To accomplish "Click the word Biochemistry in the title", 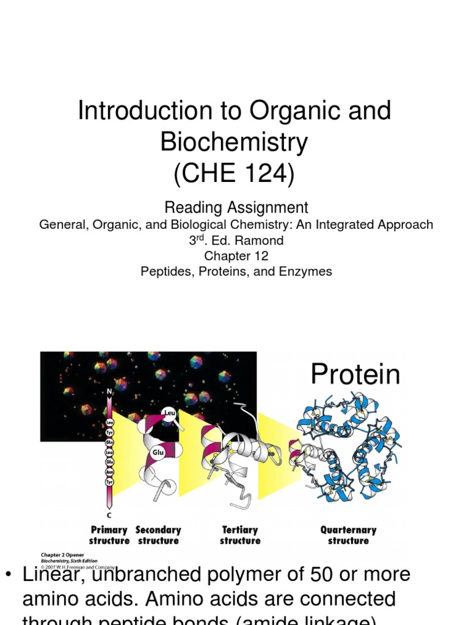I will (x=234, y=142).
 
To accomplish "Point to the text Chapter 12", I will (x=236, y=256).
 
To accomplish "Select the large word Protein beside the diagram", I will (x=355, y=374).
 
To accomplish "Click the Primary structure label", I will (x=109, y=535).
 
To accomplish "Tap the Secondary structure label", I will (x=158, y=535).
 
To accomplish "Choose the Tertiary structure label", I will (x=240, y=535).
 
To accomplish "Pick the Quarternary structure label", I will (x=348, y=535).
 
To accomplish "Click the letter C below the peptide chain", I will (x=109, y=515).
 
